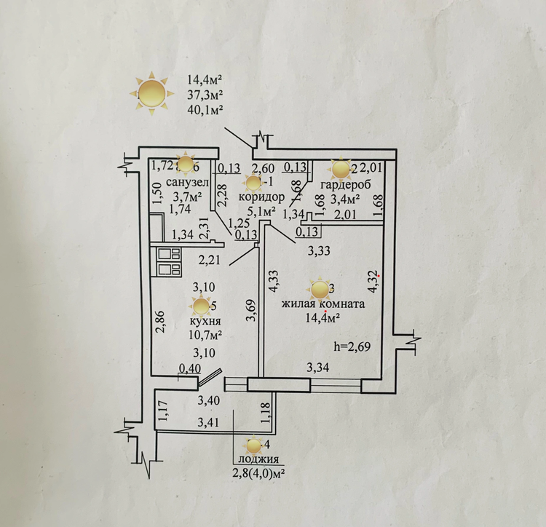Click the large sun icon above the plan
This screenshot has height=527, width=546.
click(x=151, y=93)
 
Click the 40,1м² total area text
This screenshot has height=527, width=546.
click(x=205, y=109)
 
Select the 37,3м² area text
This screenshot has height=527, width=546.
click(x=205, y=95)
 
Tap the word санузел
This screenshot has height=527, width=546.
click(x=188, y=181)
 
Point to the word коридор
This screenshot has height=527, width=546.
click(x=259, y=198)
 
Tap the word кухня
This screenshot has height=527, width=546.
click(x=206, y=321)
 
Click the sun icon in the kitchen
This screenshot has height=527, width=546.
click(x=199, y=306)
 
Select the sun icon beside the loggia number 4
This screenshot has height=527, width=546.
click(x=254, y=444)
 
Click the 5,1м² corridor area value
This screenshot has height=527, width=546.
click(x=261, y=212)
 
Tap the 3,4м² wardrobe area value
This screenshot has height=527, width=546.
click(x=347, y=197)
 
